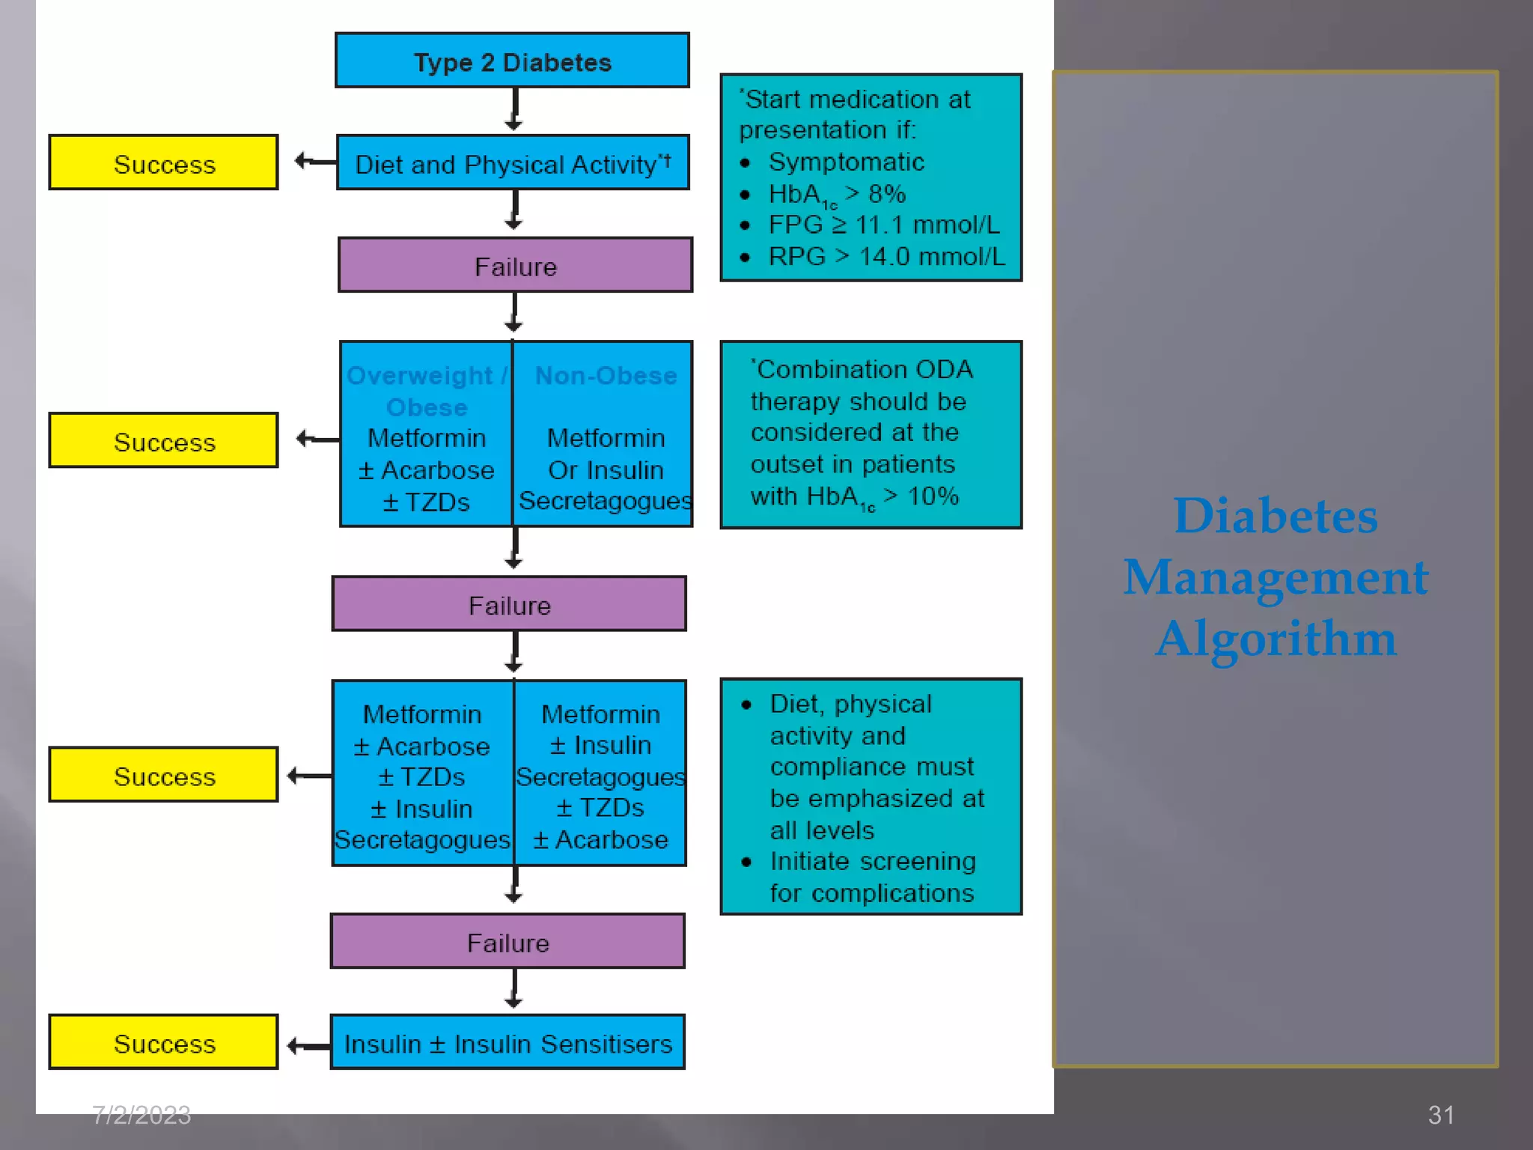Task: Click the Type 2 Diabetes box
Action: coord(512,61)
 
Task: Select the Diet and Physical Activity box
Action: coord(512,163)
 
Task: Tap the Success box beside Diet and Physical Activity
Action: coord(164,163)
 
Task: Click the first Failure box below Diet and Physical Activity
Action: coord(515,266)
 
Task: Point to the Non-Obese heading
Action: coord(606,375)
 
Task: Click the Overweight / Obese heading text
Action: coord(426,390)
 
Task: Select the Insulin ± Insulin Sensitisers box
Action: coord(508,1043)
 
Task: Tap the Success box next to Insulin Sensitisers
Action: coord(164,1043)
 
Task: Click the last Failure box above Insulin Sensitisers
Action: coord(508,942)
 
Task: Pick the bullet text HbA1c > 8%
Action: coord(837,195)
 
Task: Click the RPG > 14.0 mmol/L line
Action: coord(886,257)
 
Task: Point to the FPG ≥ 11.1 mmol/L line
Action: coord(883,225)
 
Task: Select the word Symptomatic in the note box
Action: coord(846,162)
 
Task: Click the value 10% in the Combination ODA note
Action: coord(933,496)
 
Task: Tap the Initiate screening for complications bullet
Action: coord(872,877)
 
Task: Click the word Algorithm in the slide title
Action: coord(1276,639)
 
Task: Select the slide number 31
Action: coord(1440,1115)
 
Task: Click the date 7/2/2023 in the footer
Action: coord(141,1115)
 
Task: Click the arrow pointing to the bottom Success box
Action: coord(307,1045)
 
